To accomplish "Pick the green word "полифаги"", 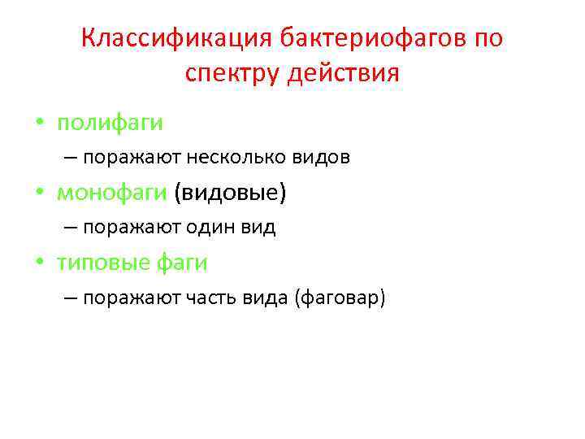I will (x=110, y=123).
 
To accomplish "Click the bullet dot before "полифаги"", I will (x=39, y=124).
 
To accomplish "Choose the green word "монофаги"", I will (x=112, y=193).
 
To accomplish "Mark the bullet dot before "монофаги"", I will (x=39, y=193).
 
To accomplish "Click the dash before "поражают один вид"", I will (x=69, y=228).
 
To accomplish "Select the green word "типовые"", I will (x=101, y=263).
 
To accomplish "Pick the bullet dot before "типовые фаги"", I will (x=39, y=263).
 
